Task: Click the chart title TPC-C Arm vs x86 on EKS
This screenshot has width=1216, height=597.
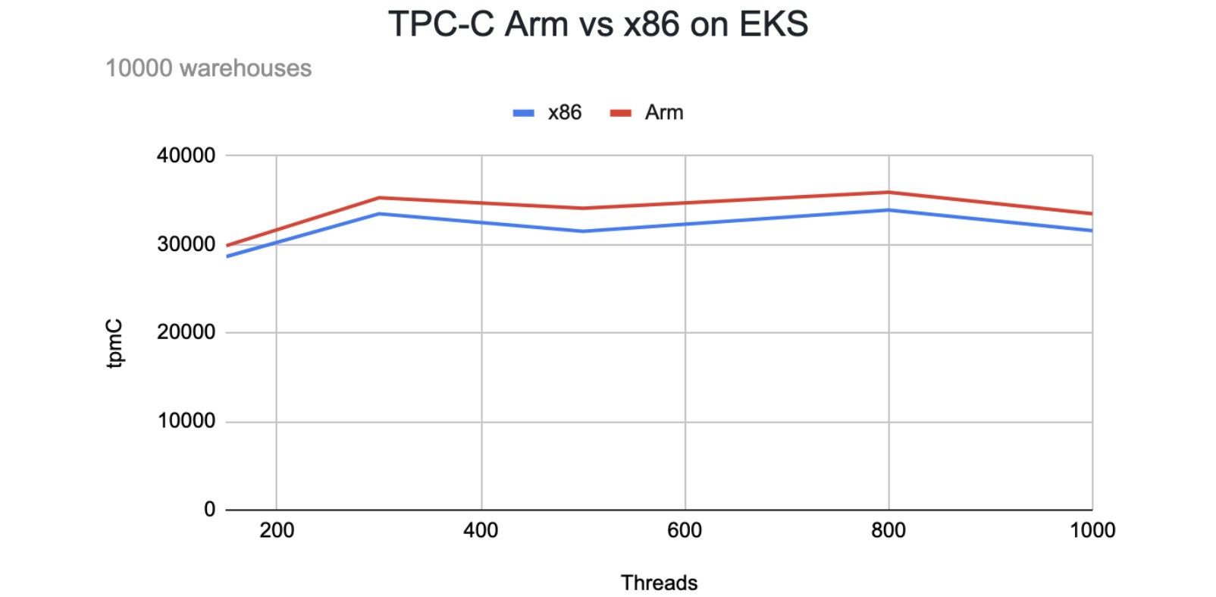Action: (598, 24)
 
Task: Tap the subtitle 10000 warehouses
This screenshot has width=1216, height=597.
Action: (208, 68)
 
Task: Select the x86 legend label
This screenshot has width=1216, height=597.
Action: (564, 112)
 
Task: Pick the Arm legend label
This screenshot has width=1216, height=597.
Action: (664, 112)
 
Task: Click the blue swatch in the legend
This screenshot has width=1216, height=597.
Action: (523, 113)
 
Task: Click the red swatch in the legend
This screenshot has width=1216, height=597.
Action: (621, 113)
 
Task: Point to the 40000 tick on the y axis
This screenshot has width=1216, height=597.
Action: (186, 156)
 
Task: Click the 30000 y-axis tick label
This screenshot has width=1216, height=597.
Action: (186, 244)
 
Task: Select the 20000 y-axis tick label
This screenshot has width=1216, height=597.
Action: (186, 332)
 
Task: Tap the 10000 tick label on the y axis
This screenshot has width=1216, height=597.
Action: (186, 421)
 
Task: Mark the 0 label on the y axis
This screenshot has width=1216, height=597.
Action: (209, 509)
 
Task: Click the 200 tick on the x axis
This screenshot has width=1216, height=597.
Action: (277, 530)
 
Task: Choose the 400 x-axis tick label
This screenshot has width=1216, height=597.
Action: (481, 530)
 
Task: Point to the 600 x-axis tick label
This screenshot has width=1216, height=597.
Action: (685, 530)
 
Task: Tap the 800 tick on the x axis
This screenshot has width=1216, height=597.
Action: (888, 530)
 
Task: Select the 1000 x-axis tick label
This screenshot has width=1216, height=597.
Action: (1092, 530)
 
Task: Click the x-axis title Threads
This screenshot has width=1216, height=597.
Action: (659, 583)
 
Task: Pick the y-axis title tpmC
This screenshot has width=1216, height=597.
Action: (114, 344)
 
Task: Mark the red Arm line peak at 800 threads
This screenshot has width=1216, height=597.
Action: (888, 192)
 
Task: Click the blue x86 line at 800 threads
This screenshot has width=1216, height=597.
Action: (888, 210)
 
